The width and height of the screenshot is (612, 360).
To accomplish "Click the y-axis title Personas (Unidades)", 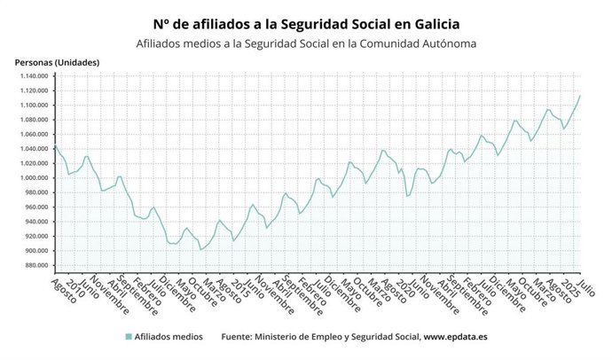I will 58,62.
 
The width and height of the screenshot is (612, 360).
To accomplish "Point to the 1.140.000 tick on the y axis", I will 33,76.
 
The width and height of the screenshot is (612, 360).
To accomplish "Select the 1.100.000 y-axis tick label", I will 33,106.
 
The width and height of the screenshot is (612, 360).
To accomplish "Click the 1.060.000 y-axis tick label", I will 33,135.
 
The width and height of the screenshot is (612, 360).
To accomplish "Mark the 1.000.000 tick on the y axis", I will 33,178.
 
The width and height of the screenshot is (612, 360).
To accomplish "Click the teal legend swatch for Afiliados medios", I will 129,337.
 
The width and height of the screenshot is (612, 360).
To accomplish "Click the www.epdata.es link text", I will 454,337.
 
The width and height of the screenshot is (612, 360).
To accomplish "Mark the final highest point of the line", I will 580,96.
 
